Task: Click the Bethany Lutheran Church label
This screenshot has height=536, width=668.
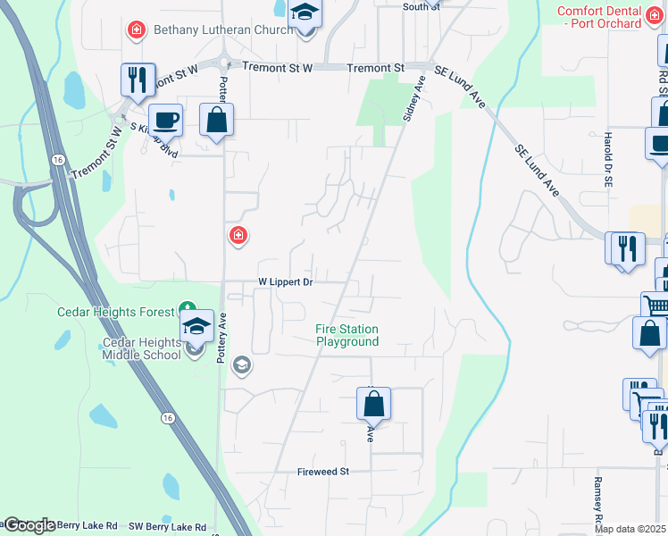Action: click(223, 30)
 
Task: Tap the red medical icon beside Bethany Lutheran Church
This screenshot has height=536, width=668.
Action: click(137, 30)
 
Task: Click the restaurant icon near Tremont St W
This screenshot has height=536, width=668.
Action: click(138, 80)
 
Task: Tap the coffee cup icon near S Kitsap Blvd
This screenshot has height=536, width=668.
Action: click(165, 119)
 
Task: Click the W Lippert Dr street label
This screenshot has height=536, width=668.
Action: click(285, 281)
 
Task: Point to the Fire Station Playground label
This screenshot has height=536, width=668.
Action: click(347, 335)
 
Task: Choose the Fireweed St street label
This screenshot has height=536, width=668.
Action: click(321, 471)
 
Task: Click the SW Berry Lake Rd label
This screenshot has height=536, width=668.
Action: click(168, 527)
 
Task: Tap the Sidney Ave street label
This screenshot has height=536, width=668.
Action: click(415, 97)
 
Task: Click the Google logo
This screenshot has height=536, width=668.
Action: click(29, 525)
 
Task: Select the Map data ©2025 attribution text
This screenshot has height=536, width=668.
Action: click(630, 529)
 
